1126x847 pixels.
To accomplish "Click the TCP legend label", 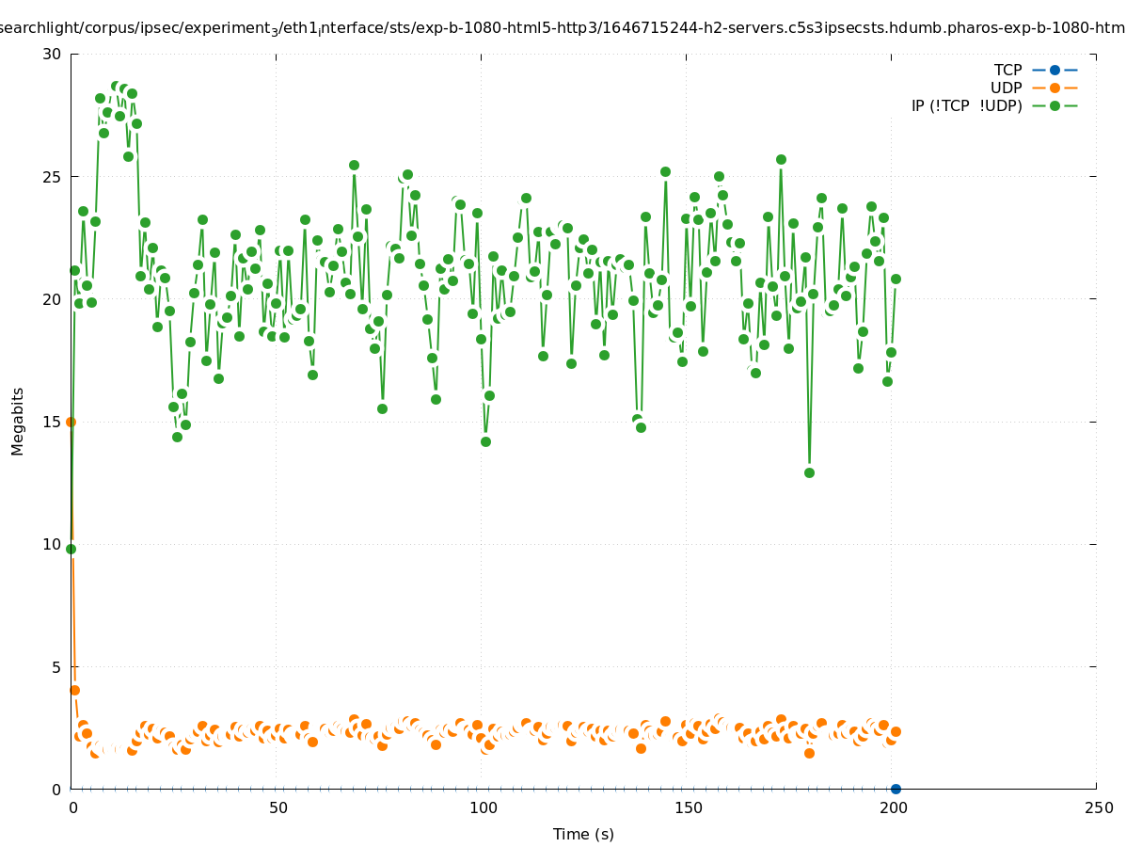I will pos(1007,70).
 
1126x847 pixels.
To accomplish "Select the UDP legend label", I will pos(1006,88).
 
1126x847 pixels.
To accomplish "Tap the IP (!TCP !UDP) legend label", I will pos(966,105).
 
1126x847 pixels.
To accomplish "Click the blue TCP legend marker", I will pos(1055,70).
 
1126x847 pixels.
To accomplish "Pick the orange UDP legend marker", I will pos(1055,88).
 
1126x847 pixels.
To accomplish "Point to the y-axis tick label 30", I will pos(52,54).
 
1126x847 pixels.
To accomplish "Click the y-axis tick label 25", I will pos(52,177).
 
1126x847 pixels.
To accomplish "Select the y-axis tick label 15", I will pos(52,422).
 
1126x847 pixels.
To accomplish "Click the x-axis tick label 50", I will pos(278,807).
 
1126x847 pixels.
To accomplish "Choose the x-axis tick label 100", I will pos(483,807).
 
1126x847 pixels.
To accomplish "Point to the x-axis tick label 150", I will pos(688,807).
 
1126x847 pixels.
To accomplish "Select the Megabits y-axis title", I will pos(18,421).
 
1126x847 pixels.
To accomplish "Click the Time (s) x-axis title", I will pos(583,834).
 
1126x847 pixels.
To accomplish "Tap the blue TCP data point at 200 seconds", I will pos(896,789).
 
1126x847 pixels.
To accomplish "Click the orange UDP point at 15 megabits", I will pos(71,422).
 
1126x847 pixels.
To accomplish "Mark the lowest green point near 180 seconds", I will pos(809,472).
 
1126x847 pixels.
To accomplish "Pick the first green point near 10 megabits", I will pos(71,549).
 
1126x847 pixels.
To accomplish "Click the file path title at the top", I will pos(563,28).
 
